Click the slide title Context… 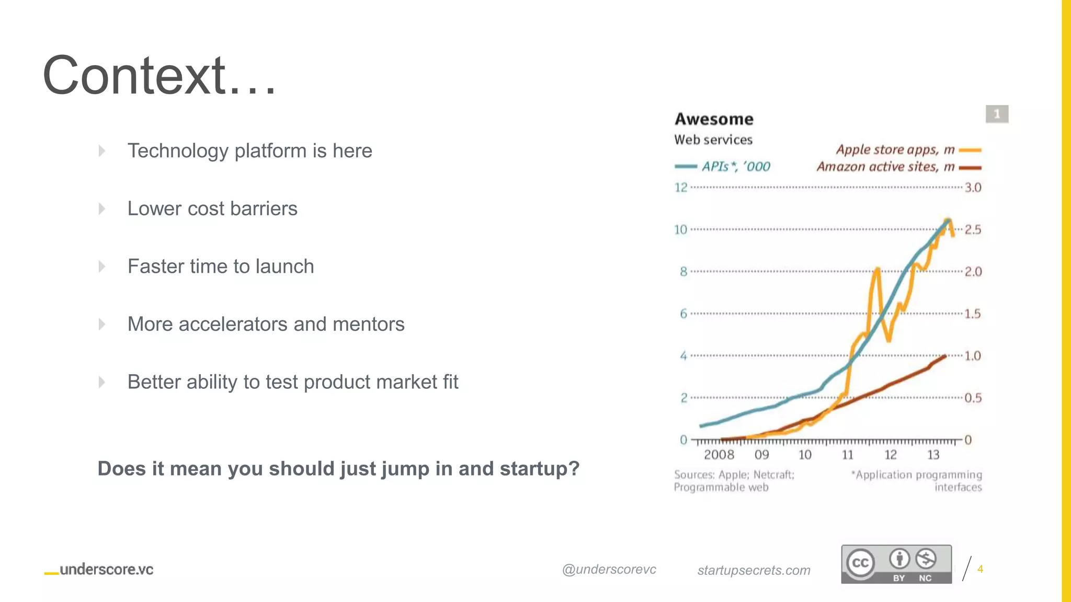(x=159, y=76)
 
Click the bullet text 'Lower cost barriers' (x=212, y=209)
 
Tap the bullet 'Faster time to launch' (x=221, y=267)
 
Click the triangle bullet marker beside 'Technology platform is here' (x=102, y=151)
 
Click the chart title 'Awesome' (x=714, y=119)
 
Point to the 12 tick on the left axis (x=680, y=188)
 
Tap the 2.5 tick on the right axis (x=973, y=230)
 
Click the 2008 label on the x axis (x=719, y=455)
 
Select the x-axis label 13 (x=933, y=455)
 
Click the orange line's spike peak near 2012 (x=877, y=269)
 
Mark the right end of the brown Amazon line (x=944, y=356)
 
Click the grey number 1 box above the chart (x=997, y=114)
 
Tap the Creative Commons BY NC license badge (x=896, y=564)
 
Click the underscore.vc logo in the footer (x=99, y=570)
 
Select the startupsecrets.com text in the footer (x=754, y=571)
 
